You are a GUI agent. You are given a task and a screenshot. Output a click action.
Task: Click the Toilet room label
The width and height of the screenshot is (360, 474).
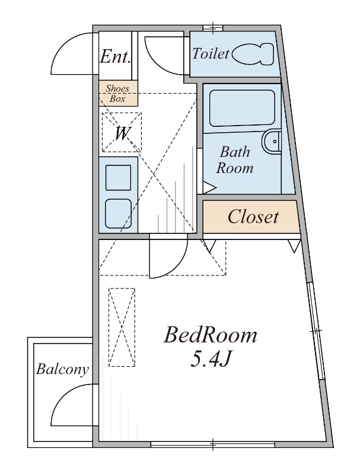[211, 54]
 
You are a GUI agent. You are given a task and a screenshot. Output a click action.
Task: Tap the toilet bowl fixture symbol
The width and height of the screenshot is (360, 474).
[253, 54]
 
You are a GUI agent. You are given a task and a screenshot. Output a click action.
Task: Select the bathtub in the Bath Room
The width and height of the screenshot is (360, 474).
[242, 108]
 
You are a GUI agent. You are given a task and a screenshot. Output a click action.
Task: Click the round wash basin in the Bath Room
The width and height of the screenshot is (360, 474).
[272, 142]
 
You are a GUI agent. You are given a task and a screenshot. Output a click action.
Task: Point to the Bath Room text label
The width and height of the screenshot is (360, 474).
[235, 160]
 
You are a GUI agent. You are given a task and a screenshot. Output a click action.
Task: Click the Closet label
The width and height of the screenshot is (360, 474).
[253, 216]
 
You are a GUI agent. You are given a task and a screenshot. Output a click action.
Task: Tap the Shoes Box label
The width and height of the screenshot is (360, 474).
[117, 94]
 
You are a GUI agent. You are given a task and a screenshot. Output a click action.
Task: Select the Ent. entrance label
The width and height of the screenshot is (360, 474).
[116, 56]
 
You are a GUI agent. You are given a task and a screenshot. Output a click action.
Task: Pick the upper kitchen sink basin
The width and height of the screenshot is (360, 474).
[118, 177]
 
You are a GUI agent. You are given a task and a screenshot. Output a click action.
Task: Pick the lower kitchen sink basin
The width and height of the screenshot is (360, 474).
[118, 213]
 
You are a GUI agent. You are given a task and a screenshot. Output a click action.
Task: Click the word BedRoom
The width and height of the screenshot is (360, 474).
[211, 335]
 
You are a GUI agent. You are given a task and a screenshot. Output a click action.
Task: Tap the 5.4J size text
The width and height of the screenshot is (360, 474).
[211, 360]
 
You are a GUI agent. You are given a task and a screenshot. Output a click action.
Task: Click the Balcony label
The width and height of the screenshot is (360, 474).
[63, 369]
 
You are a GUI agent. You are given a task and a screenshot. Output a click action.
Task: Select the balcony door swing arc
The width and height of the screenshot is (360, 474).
[63, 397]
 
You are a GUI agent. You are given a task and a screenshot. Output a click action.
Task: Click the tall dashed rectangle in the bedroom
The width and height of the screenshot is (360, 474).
[122, 328]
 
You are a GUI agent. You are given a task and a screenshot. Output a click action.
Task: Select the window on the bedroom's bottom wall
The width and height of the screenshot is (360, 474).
[213, 444]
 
